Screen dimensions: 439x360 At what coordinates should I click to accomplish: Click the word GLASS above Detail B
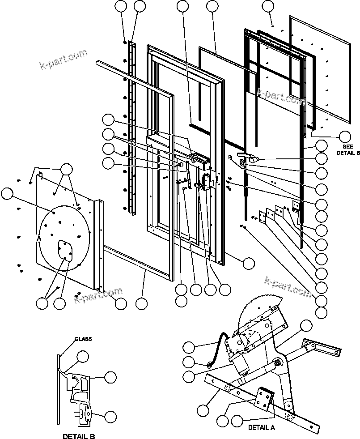[83, 339]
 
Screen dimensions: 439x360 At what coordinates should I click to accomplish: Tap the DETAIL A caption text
[262, 427]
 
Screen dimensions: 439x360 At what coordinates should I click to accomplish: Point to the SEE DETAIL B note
[348, 149]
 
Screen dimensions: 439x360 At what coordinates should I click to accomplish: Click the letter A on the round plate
[39, 239]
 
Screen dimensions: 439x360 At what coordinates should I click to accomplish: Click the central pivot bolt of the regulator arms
[278, 363]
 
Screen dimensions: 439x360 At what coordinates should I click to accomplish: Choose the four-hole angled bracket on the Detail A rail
[264, 400]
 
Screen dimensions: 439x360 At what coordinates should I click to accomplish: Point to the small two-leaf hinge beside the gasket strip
[295, 206]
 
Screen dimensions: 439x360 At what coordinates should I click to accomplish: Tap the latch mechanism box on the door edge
[207, 181]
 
